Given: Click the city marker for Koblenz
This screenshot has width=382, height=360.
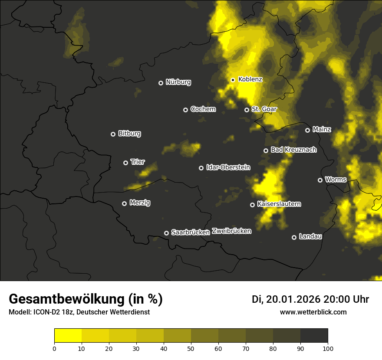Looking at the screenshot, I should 233,80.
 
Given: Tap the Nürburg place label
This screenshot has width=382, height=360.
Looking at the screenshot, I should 178,82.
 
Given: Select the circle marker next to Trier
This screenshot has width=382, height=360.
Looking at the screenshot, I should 126,163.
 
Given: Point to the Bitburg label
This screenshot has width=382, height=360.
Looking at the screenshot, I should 129,134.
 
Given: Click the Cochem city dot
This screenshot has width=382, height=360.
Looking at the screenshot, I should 185,110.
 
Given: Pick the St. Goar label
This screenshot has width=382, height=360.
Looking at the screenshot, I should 264,109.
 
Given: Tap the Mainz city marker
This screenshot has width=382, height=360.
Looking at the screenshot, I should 307,130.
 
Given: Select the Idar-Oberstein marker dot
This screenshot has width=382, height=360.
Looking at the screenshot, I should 201,168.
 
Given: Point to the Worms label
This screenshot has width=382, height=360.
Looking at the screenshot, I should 336,179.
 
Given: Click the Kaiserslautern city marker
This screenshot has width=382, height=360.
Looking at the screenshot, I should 252,205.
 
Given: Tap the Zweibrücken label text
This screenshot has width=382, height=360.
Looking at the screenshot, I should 231,231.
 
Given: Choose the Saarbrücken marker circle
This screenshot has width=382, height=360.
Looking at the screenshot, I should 166,233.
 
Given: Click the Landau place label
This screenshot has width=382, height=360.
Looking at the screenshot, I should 310,236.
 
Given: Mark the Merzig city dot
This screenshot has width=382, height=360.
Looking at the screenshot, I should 124,203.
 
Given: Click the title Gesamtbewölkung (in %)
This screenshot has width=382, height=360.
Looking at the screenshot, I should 86,299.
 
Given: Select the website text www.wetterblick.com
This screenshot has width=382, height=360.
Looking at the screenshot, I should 313,312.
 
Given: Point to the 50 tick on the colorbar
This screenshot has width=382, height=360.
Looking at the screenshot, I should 191,348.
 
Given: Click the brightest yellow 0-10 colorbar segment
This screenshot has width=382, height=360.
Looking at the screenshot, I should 68,335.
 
